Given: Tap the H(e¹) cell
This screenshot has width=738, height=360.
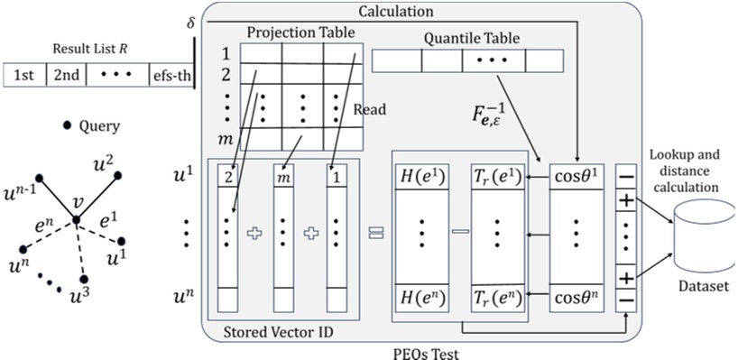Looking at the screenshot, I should pos(422,178).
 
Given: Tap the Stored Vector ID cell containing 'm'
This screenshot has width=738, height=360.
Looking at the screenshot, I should pos(285,179).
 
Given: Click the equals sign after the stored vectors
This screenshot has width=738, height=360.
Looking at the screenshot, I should pos(374,233).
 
